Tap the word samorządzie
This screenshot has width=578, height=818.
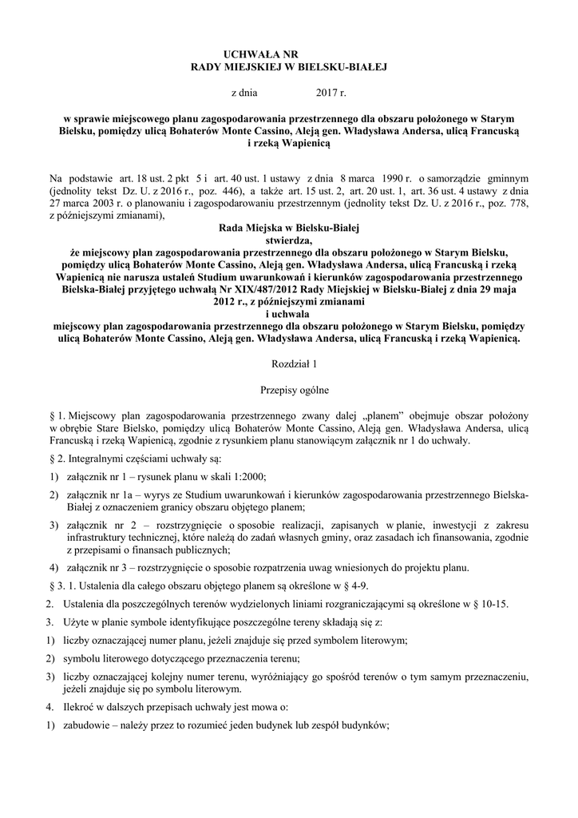(461, 181)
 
